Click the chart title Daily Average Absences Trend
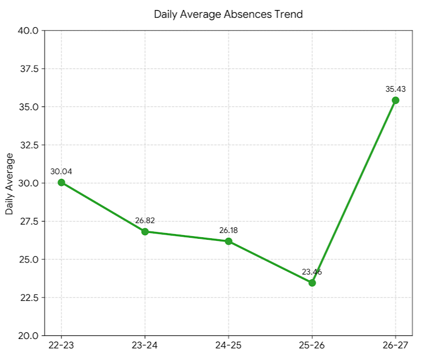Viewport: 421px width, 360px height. click(x=228, y=14)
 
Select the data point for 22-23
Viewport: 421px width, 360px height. click(x=61, y=183)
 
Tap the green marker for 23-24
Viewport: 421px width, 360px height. click(x=145, y=231)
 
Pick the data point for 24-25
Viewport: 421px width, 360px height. click(x=228, y=241)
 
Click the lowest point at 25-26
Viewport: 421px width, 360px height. click(x=312, y=283)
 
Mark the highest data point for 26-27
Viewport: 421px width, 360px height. click(x=395, y=100)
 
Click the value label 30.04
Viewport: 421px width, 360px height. click(x=61, y=172)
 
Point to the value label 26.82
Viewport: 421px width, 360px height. click(x=145, y=220)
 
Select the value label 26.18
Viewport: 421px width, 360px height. click(x=228, y=230)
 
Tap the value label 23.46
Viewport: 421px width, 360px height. click(x=312, y=272)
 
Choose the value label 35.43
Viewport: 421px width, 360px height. click(x=395, y=89)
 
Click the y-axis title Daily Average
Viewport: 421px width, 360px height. click(x=9, y=184)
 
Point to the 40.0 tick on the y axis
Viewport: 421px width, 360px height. click(x=28, y=30)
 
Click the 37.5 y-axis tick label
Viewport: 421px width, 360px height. click(x=29, y=69)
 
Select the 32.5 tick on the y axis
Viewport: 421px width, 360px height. click(x=29, y=145)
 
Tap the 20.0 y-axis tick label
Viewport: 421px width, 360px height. click(x=28, y=336)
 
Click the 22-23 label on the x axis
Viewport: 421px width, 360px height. click(x=61, y=345)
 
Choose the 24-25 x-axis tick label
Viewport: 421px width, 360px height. click(x=228, y=345)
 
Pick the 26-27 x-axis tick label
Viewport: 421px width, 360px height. click(x=395, y=345)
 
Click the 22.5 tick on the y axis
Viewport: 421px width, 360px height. click(x=29, y=298)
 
